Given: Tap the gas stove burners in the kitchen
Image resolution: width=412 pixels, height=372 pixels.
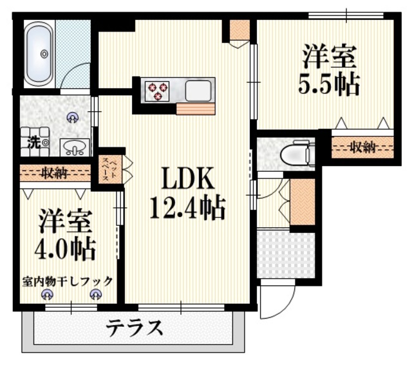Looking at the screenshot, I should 156,91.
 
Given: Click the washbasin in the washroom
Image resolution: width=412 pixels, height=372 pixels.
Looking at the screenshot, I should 75,149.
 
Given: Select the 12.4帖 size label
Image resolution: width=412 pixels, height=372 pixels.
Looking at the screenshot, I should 187,208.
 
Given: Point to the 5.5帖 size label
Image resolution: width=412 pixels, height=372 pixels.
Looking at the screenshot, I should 330,85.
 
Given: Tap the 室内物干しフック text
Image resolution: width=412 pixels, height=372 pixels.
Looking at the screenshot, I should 68,281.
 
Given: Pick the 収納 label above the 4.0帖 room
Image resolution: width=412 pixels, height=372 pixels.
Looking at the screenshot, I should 54,172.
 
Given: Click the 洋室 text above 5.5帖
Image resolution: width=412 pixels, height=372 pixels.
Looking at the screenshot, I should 330,57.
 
